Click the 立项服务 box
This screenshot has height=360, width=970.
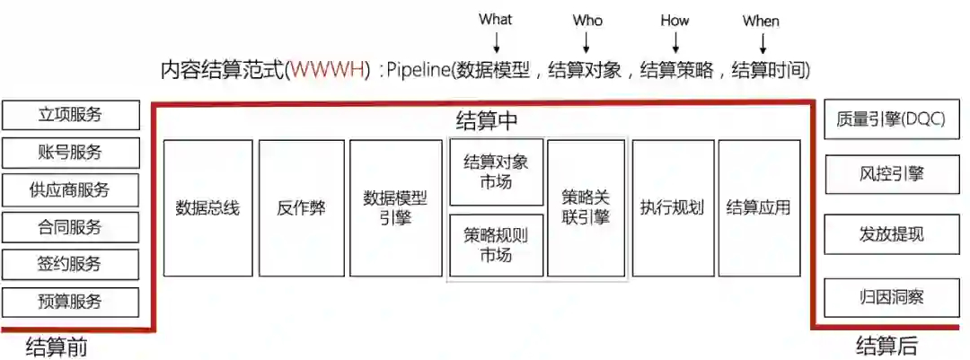[x=71, y=115]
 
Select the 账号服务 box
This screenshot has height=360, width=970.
[x=71, y=153]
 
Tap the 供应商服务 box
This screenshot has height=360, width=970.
[x=71, y=189]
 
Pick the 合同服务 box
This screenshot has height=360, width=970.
[x=71, y=227]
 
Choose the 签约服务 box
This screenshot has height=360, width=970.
[x=71, y=264]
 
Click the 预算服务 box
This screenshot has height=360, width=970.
[x=71, y=302]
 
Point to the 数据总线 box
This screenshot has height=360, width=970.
[x=207, y=208]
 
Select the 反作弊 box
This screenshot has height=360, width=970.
[x=302, y=208]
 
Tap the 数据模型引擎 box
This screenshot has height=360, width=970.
[x=396, y=208]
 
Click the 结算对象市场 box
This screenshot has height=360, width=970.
[x=497, y=172]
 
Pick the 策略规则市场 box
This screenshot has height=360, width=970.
[x=497, y=245]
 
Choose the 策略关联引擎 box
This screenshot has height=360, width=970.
[x=586, y=208]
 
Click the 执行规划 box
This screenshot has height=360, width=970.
[x=672, y=208]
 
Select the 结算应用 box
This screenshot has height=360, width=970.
[x=759, y=208]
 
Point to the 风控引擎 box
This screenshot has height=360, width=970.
[x=891, y=173]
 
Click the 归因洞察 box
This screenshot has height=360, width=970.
[x=891, y=296]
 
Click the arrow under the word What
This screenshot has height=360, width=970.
[x=496, y=40]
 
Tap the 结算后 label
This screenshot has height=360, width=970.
[x=886, y=347]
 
